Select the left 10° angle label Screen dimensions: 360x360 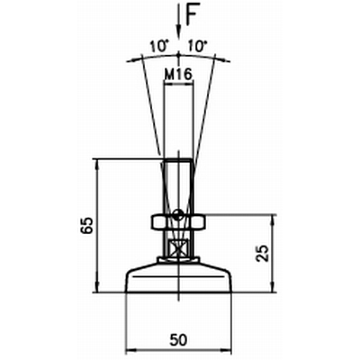click(x=158, y=47)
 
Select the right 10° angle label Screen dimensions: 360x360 click(x=197, y=47)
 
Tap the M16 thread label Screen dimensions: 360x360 click(x=178, y=74)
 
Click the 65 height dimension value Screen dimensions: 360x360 click(x=87, y=225)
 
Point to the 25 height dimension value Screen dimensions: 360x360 click(x=263, y=253)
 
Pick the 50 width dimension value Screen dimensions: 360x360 click(x=178, y=339)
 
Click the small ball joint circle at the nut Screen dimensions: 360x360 click(x=178, y=213)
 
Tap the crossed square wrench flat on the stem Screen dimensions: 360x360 click(x=178, y=248)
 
